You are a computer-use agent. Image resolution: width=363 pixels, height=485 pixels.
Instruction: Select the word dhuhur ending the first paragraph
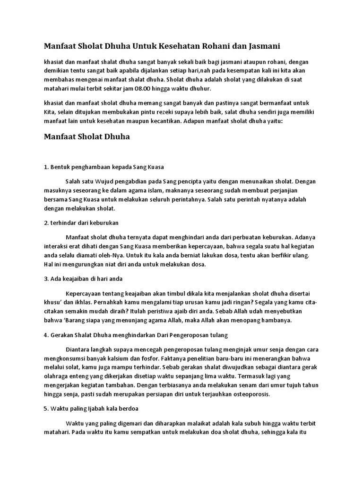point(198,89)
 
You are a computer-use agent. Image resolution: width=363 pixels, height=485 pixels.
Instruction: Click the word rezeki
point(165,112)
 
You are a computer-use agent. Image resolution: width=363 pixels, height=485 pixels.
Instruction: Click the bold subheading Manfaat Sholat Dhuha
point(87,137)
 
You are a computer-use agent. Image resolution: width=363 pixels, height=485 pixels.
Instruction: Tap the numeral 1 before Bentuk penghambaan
point(45,167)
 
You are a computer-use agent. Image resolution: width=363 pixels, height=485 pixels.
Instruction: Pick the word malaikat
point(202,422)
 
